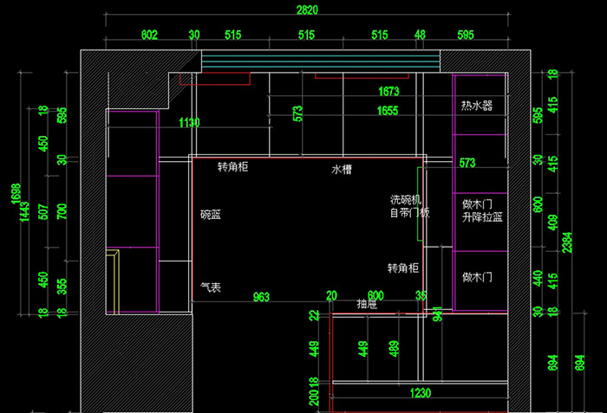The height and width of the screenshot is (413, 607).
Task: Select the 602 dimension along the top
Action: [149, 35]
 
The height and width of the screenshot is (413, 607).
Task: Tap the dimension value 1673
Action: [388, 91]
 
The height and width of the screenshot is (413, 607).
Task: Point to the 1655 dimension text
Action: [388, 111]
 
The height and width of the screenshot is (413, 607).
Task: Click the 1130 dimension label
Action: [188, 123]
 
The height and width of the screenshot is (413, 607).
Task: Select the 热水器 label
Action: [476, 106]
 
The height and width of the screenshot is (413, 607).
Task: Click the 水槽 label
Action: [342, 170]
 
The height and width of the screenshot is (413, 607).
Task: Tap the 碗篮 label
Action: [210, 214]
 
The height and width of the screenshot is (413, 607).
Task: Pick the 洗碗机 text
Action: [405, 200]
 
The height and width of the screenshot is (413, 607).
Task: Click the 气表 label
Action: [210, 287]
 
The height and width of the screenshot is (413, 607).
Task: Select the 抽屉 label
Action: [367, 304]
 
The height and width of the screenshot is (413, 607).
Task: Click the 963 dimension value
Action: [260, 297]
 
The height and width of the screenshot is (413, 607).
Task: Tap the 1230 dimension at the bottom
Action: [420, 393]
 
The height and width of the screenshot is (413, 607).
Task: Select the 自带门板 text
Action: [409, 212]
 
